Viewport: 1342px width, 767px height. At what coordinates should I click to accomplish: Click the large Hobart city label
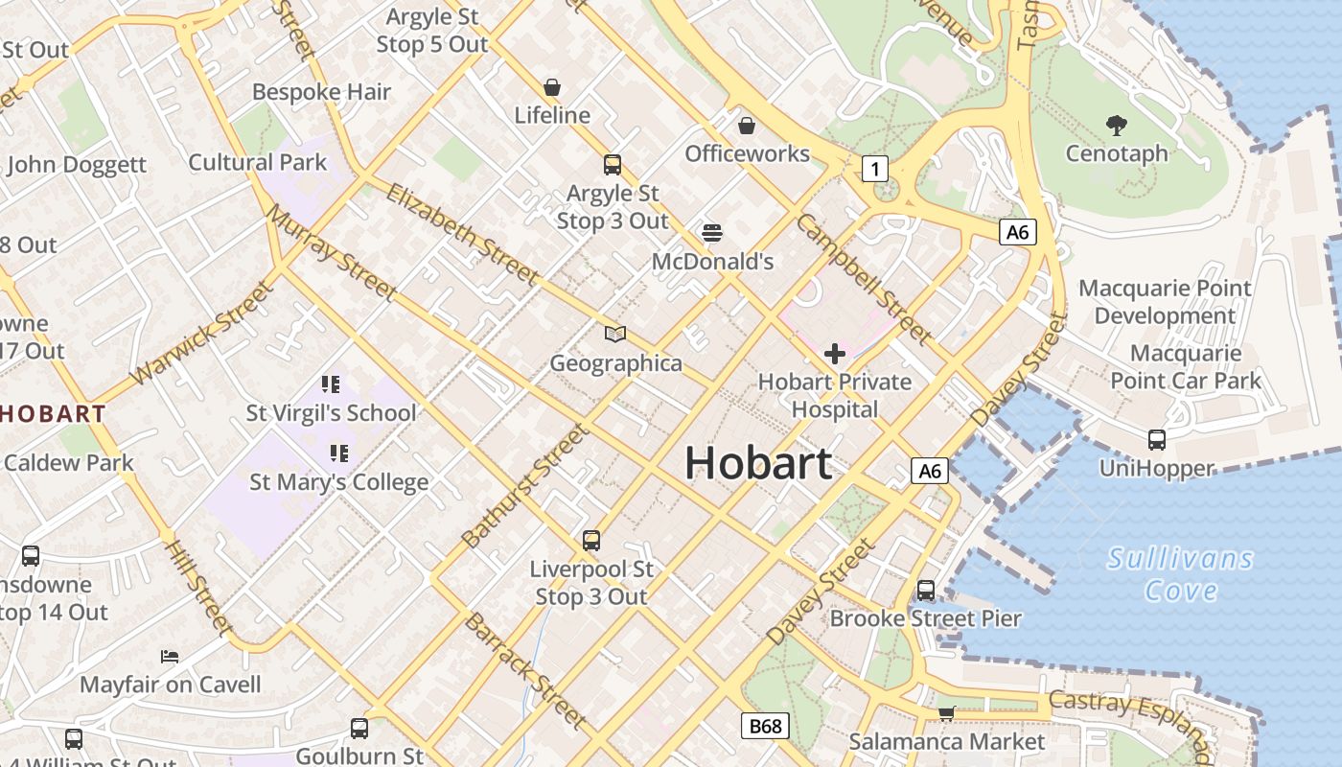pyautogui.click(x=757, y=464)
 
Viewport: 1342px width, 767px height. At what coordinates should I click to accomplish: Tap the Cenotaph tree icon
pyautogui.click(x=1116, y=125)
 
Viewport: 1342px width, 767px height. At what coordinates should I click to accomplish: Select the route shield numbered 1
pyautogui.click(x=873, y=170)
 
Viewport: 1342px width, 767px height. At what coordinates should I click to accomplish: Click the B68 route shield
pyautogui.click(x=765, y=726)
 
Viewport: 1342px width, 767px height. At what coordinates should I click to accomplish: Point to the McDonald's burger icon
pyautogui.click(x=711, y=232)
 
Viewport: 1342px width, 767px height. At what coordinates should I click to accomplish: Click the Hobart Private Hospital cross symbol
pyautogui.click(x=835, y=354)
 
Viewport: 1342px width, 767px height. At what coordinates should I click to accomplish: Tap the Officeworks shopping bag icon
pyautogui.click(x=747, y=126)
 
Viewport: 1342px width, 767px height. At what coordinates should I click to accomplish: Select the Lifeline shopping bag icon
pyautogui.click(x=552, y=87)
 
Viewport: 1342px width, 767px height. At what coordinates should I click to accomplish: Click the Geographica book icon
pyautogui.click(x=615, y=335)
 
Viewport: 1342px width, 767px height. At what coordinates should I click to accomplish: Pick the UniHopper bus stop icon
pyautogui.click(x=1157, y=440)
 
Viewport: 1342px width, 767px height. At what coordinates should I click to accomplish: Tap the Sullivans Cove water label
pyautogui.click(x=1180, y=573)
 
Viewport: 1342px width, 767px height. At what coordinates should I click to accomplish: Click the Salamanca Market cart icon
pyautogui.click(x=946, y=712)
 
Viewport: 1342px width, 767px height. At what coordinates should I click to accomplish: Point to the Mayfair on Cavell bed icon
pyautogui.click(x=170, y=657)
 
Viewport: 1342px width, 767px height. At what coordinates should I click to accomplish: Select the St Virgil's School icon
pyautogui.click(x=331, y=385)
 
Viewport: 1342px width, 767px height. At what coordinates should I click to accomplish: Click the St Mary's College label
pyautogui.click(x=338, y=481)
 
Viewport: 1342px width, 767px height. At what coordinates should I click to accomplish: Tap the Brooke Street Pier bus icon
pyautogui.click(x=926, y=591)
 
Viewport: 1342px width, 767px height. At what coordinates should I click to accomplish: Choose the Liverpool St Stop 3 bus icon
pyautogui.click(x=591, y=541)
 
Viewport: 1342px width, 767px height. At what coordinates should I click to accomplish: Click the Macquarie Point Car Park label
pyautogui.click(x=1186, y=367)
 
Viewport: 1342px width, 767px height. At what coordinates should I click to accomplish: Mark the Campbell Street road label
pyautogui.click(x=864, y=279)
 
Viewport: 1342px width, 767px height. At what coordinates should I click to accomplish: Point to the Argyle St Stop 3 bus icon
pyautogui.click(x=613, y=165)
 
